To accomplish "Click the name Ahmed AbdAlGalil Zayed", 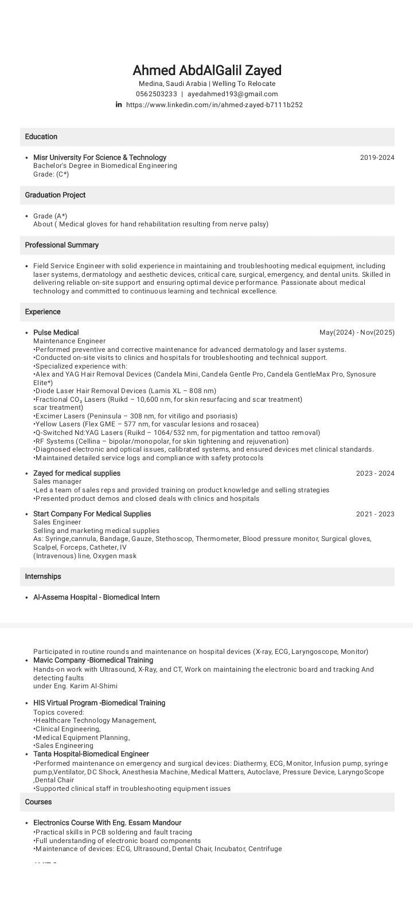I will [x=207, y=70].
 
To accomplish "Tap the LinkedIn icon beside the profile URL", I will [x=119, y=104].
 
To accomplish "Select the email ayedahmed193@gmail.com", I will [x=232, y=94].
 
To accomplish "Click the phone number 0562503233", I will [x=156, y=94].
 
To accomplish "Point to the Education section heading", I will [x=41, y=137].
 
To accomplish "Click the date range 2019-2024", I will [x=377, y=158].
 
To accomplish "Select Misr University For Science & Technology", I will [x=100, y=158].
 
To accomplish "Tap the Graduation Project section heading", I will [x=55, y=195].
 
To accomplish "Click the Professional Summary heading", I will [x=62, y=245].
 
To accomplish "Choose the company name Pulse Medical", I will [x=56, y=333].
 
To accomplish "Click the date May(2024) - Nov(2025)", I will [x=357, y=333].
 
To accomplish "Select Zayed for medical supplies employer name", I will [x=77, y=473].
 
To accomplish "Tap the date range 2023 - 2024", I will [x=375, y=474].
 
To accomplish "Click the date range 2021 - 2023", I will [x=375, y=514].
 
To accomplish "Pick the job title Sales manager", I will [x=57, y=482].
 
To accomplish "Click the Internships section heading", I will [x=43, y=577].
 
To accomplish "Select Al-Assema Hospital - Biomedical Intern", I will [x=96, y=597].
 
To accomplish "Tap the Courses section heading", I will [x=38, y=802].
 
